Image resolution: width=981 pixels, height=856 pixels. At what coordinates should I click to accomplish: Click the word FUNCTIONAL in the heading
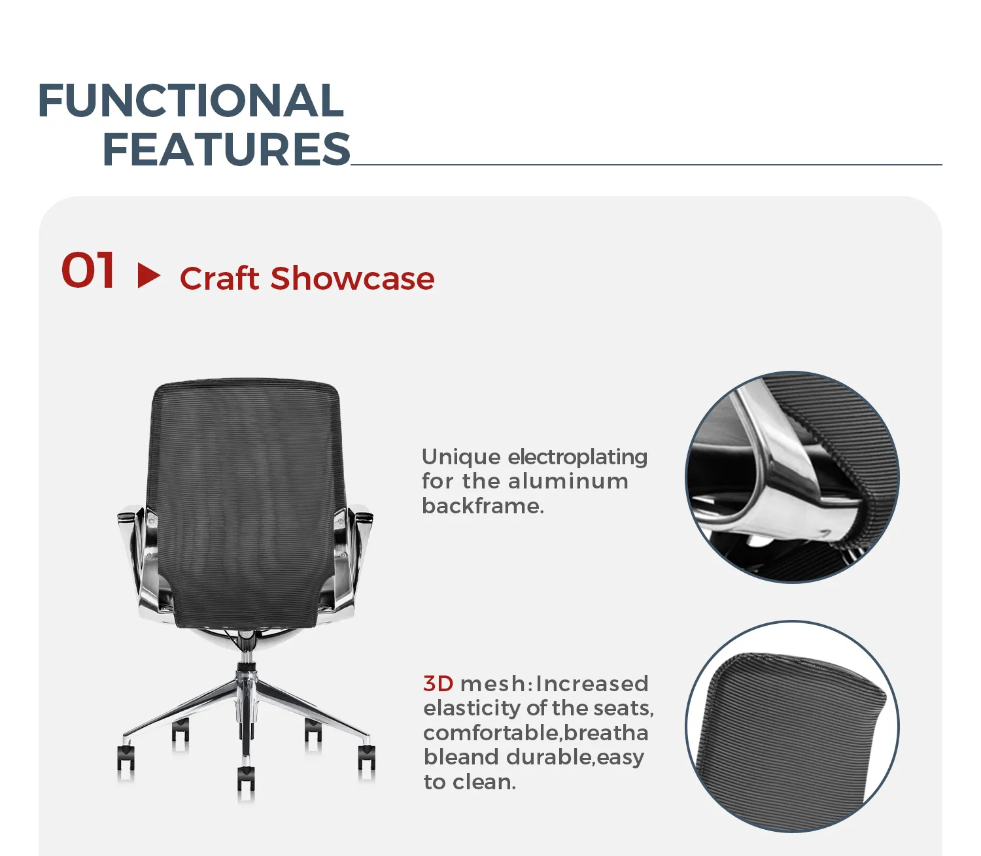pyautogui.click(x=190, y=101)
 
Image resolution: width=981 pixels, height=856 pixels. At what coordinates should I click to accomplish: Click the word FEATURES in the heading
pyautogui.click(x=226, y=149)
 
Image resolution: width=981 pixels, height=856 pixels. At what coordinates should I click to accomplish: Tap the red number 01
pyautogui.click(x=88, y=271)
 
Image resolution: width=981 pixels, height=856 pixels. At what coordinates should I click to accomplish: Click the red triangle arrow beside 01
pyautogui.click(x=148, y=275)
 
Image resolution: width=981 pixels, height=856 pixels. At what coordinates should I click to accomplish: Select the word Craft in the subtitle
pyautogui.click(x=219, y=279)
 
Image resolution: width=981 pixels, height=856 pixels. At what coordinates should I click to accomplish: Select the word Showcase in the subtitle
pyautogui.click(x=353, y=279)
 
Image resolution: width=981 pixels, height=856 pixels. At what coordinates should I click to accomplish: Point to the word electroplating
pyautogui.click(x=577, y=456)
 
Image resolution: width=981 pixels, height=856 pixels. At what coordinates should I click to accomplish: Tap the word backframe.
pyautogui.click(x=483, y=506)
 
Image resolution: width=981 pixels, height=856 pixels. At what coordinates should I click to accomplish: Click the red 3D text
pyautogui.click(x=438, y=683)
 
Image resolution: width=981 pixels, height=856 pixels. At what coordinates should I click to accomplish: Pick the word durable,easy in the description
pyautogui.click(x=576, y=757)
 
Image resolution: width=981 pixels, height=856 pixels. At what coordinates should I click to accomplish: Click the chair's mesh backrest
pyautogui.click(x=246, y=497)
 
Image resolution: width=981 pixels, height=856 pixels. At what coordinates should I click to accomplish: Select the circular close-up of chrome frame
pyautogui.click(x=792, y=477)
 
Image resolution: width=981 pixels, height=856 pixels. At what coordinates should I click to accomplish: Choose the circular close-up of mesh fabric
pyautogui.click(x=792, y=727)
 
